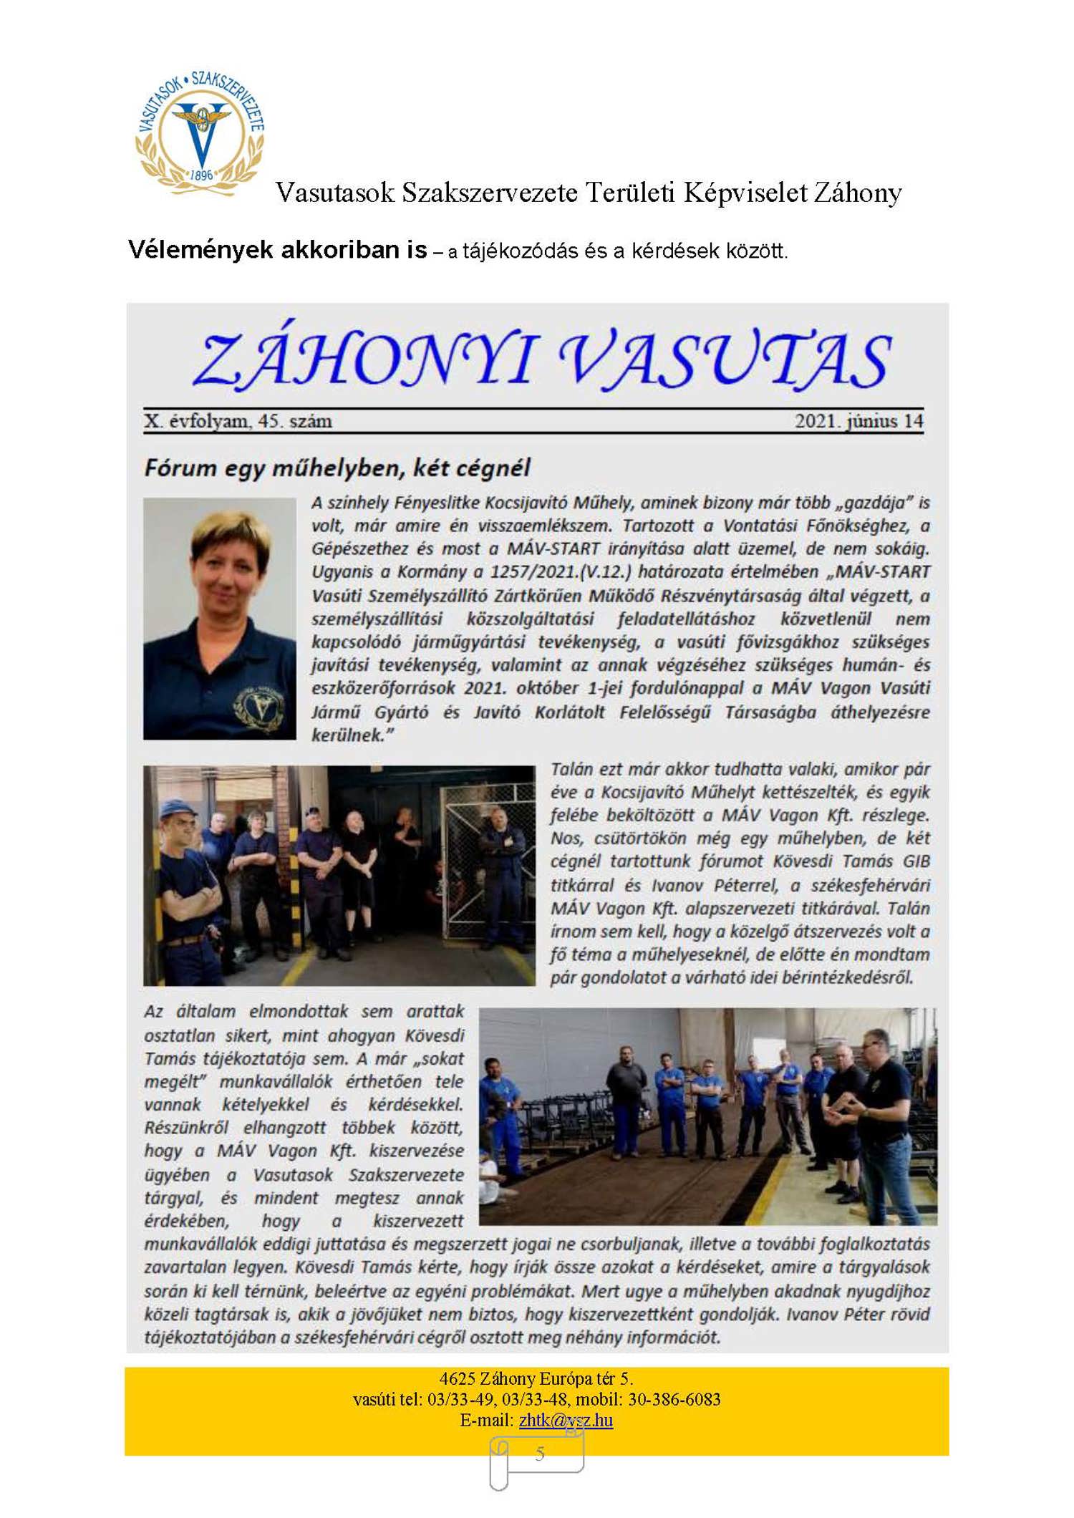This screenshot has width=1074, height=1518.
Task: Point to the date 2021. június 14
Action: coord(858,421)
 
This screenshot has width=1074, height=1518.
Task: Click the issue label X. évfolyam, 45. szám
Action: coord(238,421)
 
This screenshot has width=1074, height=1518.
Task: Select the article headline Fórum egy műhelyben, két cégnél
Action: coord(337,468)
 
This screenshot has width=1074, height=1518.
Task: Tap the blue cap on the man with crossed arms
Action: coord(177,808)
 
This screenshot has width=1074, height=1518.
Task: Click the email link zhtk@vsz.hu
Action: coord(566,1420)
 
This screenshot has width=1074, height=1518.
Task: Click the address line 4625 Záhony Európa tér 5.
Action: coord(536,1378)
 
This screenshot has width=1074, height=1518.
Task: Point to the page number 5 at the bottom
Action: coord(540,1453)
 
